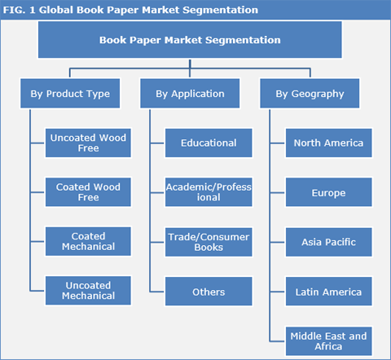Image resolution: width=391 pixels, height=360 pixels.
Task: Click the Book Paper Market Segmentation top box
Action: pyautogui.click(x=190, y=39)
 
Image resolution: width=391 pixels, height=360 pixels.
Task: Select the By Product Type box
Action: pyautogui.click(x=69, y=94)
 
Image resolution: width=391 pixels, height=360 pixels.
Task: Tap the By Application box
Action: pyautogui.click(x=190, y=94)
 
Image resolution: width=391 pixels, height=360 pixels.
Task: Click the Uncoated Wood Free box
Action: pyautogui.click(x=88, y=143)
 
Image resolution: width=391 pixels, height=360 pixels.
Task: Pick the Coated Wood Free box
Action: pyautogui.click(x=88, y=191)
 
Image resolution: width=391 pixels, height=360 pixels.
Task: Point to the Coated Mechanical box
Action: pyautogui.click(x=88, y=241)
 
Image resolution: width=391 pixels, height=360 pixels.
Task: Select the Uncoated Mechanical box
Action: pyautogui.click(x=88, y=291)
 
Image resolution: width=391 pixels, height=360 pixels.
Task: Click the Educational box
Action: pyautogui.click(x=209, y=143)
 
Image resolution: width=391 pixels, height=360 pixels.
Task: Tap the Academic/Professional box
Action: pyautogui.click(x=209, y=192)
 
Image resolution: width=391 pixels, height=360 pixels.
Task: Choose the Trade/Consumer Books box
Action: pyautogui.click(x=209, y=241)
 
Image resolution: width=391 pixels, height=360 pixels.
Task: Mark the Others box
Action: pyautogui.click(x=209, y=291)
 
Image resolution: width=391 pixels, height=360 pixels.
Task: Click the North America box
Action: pyautogui.click(x=329, y=143)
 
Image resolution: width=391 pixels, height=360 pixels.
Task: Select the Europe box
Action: pyautogui.click(x=329, y=193)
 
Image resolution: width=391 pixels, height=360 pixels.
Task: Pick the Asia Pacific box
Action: pyautogui.click(x=329, y=242)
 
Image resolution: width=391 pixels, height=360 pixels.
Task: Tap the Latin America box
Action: pyautogui.click(x=329, y=291)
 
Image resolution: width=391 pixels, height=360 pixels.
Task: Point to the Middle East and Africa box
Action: pyautogui.click(x=329, y=340)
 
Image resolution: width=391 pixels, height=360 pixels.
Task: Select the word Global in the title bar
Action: pyautogui.click(x=58, y=10)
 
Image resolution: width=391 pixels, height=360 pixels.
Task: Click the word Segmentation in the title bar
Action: pyautogui.click(x=220, y=10)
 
